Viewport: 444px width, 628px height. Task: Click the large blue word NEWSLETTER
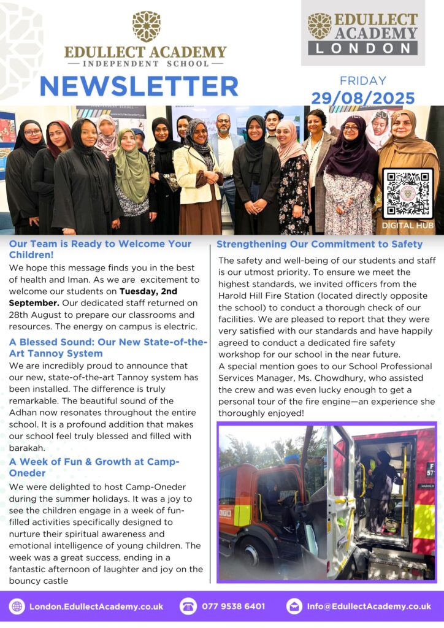click(x=139, y=86)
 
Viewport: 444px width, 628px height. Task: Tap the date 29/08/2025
click(x=362, y=98)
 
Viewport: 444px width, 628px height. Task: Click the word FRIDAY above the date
click(x=363, y=81)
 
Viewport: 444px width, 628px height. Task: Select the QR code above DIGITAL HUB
click(x=408, y=193)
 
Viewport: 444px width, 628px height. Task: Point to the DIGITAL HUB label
click(x=408, y=226)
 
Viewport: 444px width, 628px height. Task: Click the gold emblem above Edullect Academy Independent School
click(x=146, y=26)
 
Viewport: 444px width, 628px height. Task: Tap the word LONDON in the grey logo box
click(x=362, y=48)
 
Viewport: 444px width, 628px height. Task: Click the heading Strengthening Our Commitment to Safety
click(x=320, y=245)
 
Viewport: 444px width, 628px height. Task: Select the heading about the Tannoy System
click(x=108, y=348)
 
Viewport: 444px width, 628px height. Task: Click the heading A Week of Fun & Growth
click(x=94, y=467)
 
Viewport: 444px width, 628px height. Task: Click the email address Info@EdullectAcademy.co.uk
click(x=369, y=607)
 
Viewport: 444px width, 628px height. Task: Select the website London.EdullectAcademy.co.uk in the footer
click(x=96, y=607)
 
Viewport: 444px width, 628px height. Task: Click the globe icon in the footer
click(x=17, y=607)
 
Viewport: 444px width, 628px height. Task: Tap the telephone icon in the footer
click(x=188, y=607)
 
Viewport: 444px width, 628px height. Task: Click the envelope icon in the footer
click(x=294, y=607)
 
